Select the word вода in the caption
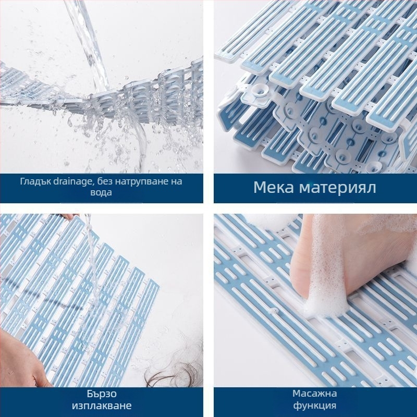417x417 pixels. point(101,192)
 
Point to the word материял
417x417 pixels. point(338,187)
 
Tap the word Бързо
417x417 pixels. point(101,394)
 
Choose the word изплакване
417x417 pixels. point(102,406)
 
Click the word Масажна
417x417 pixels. point(315,394)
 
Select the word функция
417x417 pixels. point(315,406)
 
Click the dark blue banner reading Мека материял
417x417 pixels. point(315,188)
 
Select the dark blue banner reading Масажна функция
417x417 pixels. point(315,402)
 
